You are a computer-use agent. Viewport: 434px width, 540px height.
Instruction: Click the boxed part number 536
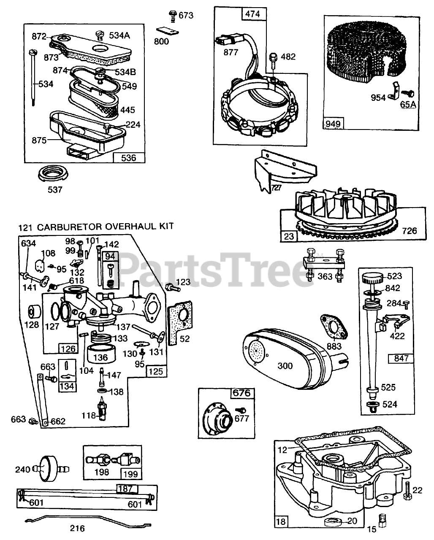(129, 158)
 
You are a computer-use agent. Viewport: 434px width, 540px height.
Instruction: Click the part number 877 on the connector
(231, 52)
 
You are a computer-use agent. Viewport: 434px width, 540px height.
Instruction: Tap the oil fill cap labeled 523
(374, 279)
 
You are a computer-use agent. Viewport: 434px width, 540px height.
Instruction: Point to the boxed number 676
(242, 393)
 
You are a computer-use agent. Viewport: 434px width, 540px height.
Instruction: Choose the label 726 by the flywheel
(409, 230)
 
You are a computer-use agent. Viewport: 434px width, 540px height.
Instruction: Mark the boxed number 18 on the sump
(282, 521)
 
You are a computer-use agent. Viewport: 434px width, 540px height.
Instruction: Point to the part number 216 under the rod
(78, 528)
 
